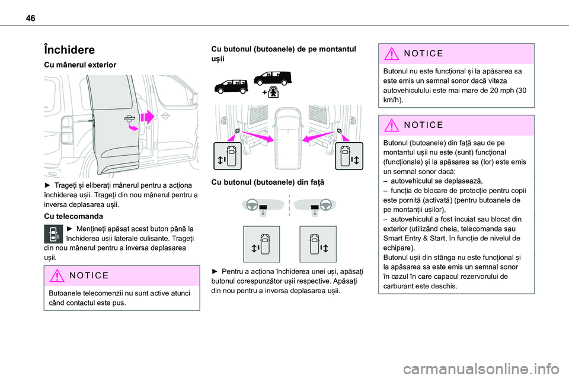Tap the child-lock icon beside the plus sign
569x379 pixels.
273,91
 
